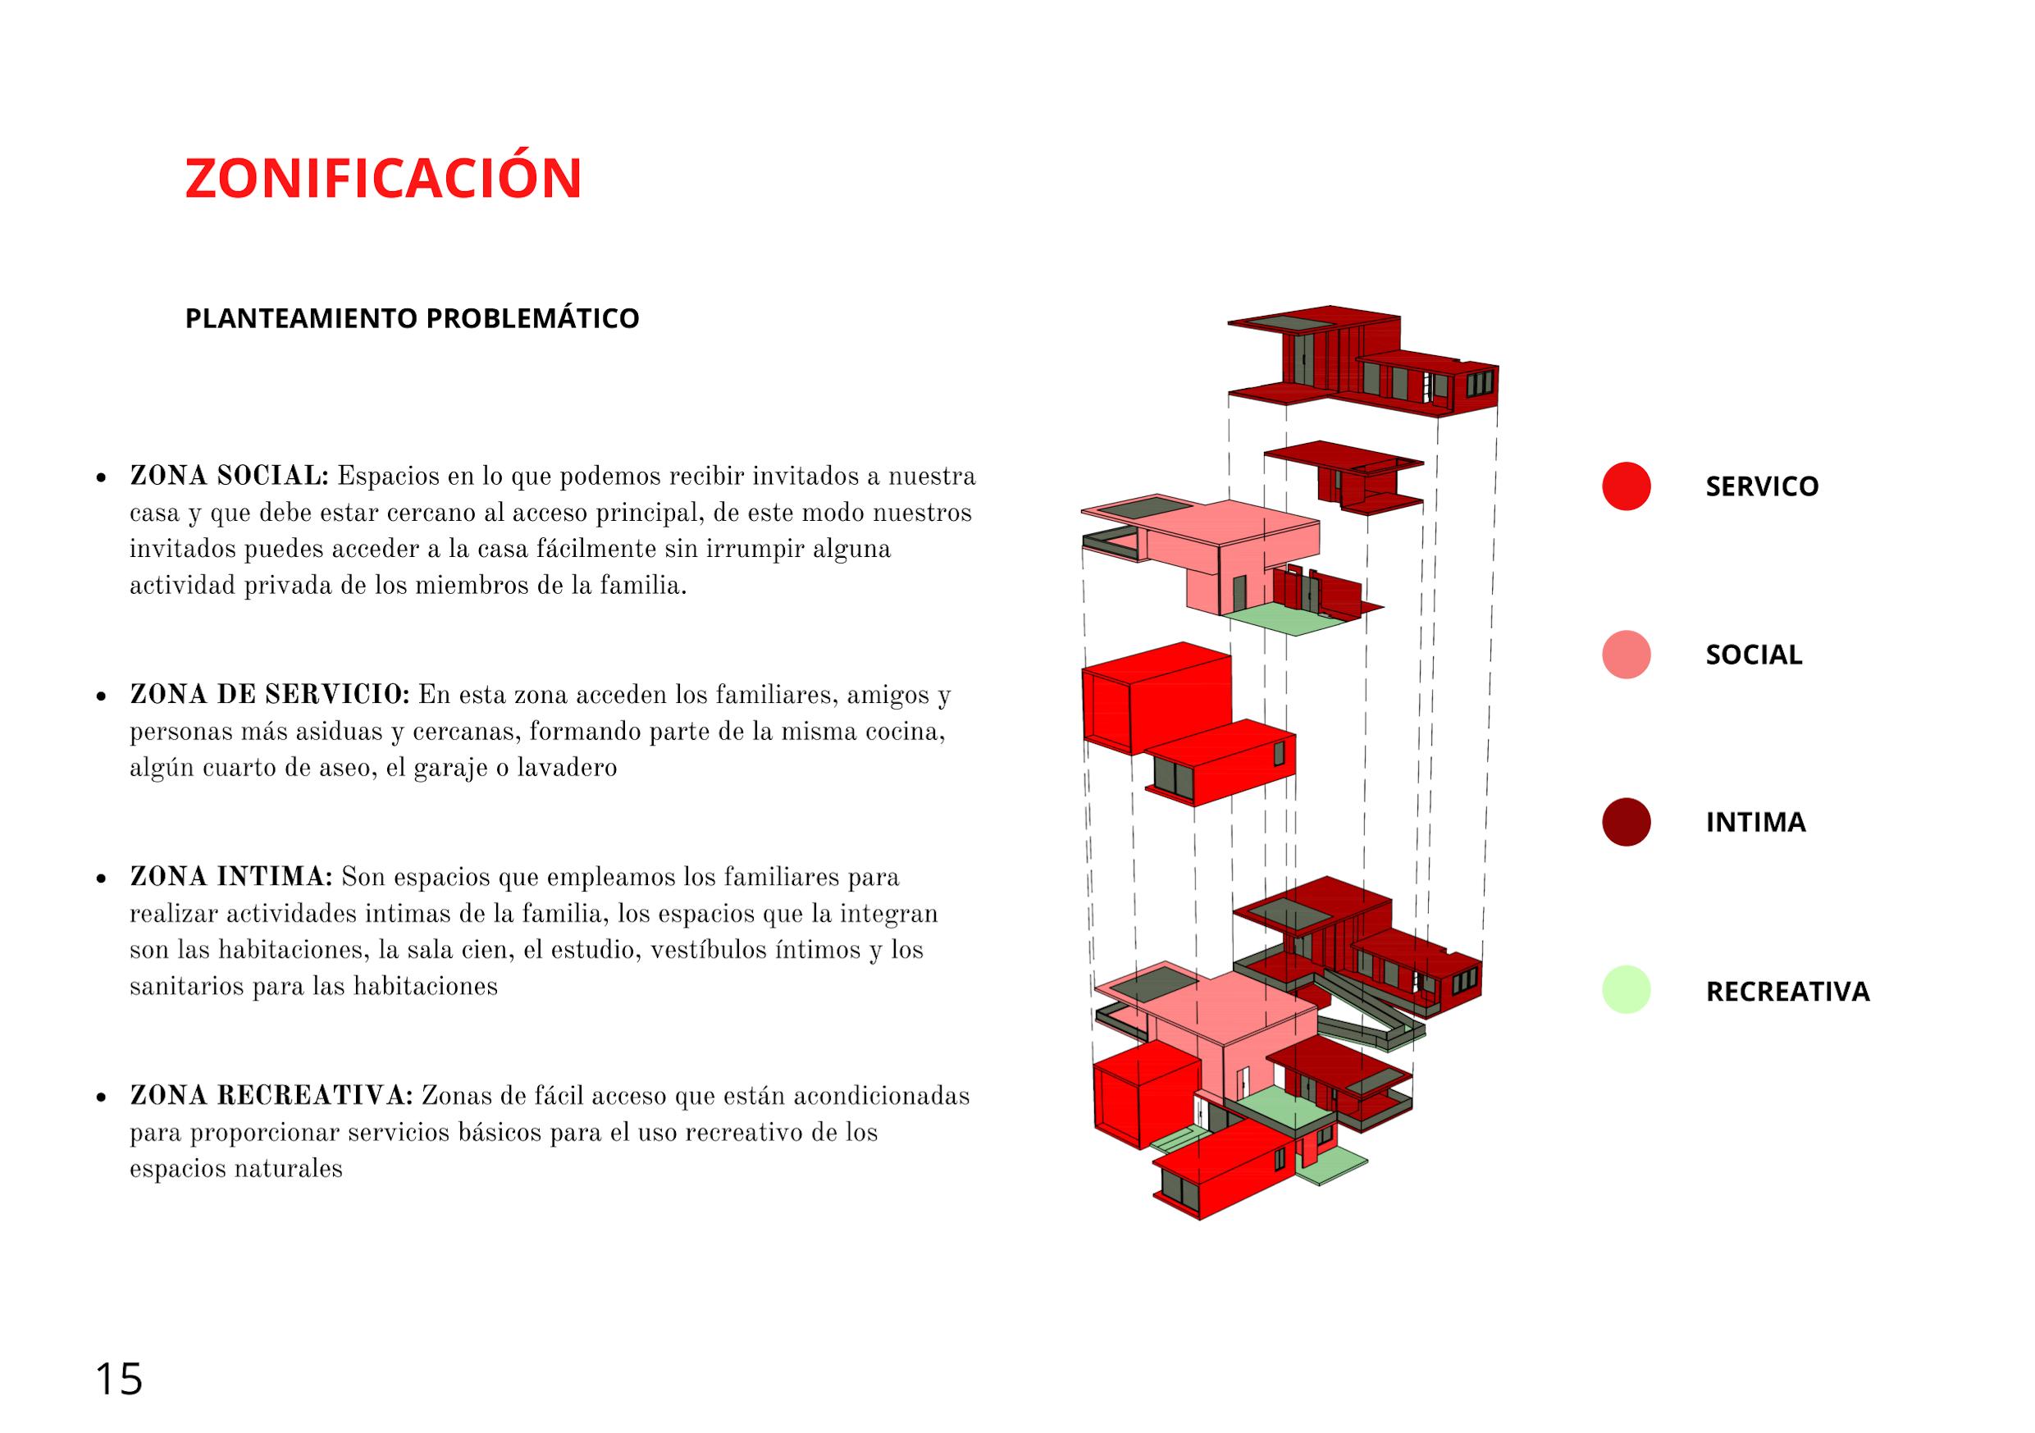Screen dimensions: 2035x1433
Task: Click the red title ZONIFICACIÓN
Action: click(383, 178)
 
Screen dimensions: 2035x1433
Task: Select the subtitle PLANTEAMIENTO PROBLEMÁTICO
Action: click(411, 318)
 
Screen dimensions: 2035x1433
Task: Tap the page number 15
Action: click(118, 1380)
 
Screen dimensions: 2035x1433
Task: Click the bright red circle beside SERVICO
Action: click(1626, 486)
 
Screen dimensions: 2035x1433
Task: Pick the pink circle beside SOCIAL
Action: click(1626, 654)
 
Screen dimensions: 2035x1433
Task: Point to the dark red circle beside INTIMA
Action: click(1626, 822)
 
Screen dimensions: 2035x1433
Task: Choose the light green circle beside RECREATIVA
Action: click(1626, 990)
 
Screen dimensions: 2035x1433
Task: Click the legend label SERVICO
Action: click(1761, 486)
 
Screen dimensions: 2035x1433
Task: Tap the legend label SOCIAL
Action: click(1753, 654)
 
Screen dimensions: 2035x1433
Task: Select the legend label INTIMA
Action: click(1755, 822)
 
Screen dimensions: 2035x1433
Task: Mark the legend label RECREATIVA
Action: click(1786, 991)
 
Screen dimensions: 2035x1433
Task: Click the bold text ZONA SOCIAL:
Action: click(229, 476)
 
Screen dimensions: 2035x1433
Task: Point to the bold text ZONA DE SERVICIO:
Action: click(269, 695)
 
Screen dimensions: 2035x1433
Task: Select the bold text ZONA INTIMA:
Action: click(230, 878)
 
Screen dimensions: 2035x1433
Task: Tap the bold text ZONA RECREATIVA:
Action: click(271, 1096)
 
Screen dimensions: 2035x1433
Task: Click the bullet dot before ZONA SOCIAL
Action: click(101, 477)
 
